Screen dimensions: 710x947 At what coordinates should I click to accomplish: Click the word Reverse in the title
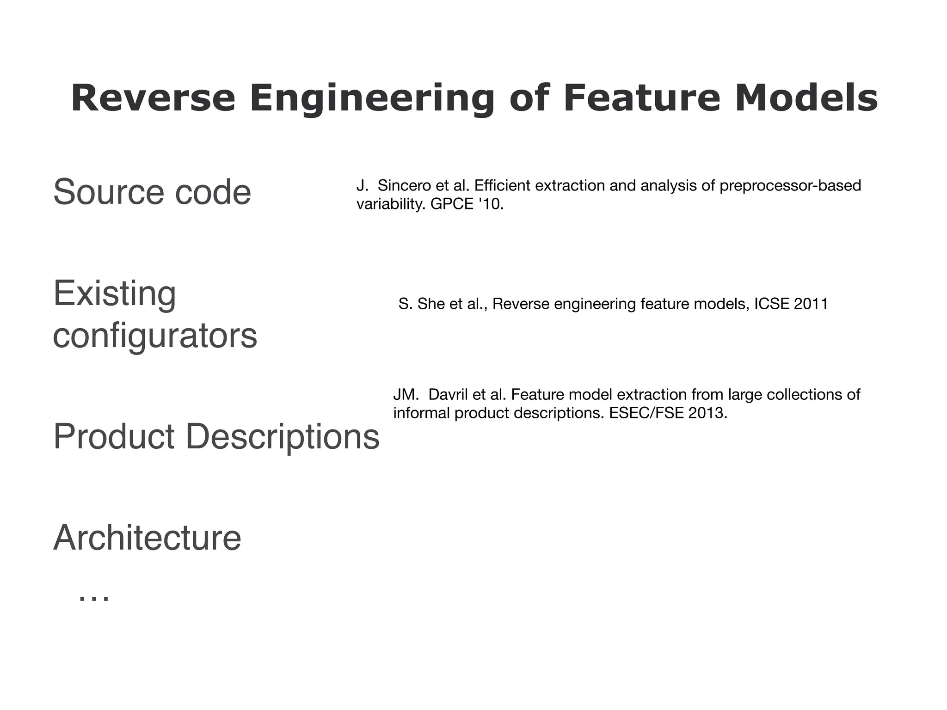[153, 98]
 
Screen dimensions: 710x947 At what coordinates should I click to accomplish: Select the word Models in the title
[806, 98]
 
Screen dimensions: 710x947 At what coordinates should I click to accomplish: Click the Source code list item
[152, 192]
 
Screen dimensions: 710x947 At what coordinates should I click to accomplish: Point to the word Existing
[115, 293]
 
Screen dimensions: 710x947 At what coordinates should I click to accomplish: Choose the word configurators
[155, 336]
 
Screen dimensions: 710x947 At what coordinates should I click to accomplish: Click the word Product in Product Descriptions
[114, 436]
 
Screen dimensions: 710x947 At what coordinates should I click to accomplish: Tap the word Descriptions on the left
[282, 436]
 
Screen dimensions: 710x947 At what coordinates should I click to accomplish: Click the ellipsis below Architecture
[94, 597]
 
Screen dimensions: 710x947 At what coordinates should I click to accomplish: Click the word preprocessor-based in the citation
[790, 186]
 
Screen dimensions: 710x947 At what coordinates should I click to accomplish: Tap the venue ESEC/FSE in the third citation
[646, 413]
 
